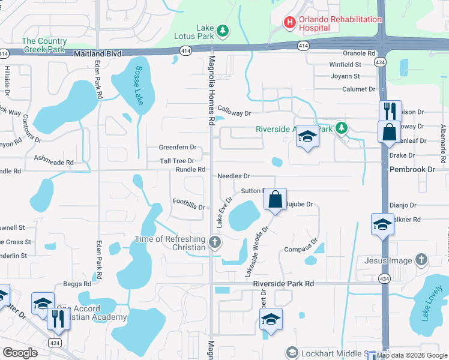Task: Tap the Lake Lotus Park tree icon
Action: [223, 30]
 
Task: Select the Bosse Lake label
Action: [139, 85]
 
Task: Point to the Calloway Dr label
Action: [234, 111]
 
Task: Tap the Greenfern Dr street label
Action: [177, 147]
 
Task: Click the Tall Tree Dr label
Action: [176, 161]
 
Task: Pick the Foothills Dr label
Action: [188, 204]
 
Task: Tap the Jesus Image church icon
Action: [421, 260]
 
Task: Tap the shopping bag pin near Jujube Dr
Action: [275, 199]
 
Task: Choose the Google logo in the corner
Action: [20, 352]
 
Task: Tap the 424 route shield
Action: [55, 343]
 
